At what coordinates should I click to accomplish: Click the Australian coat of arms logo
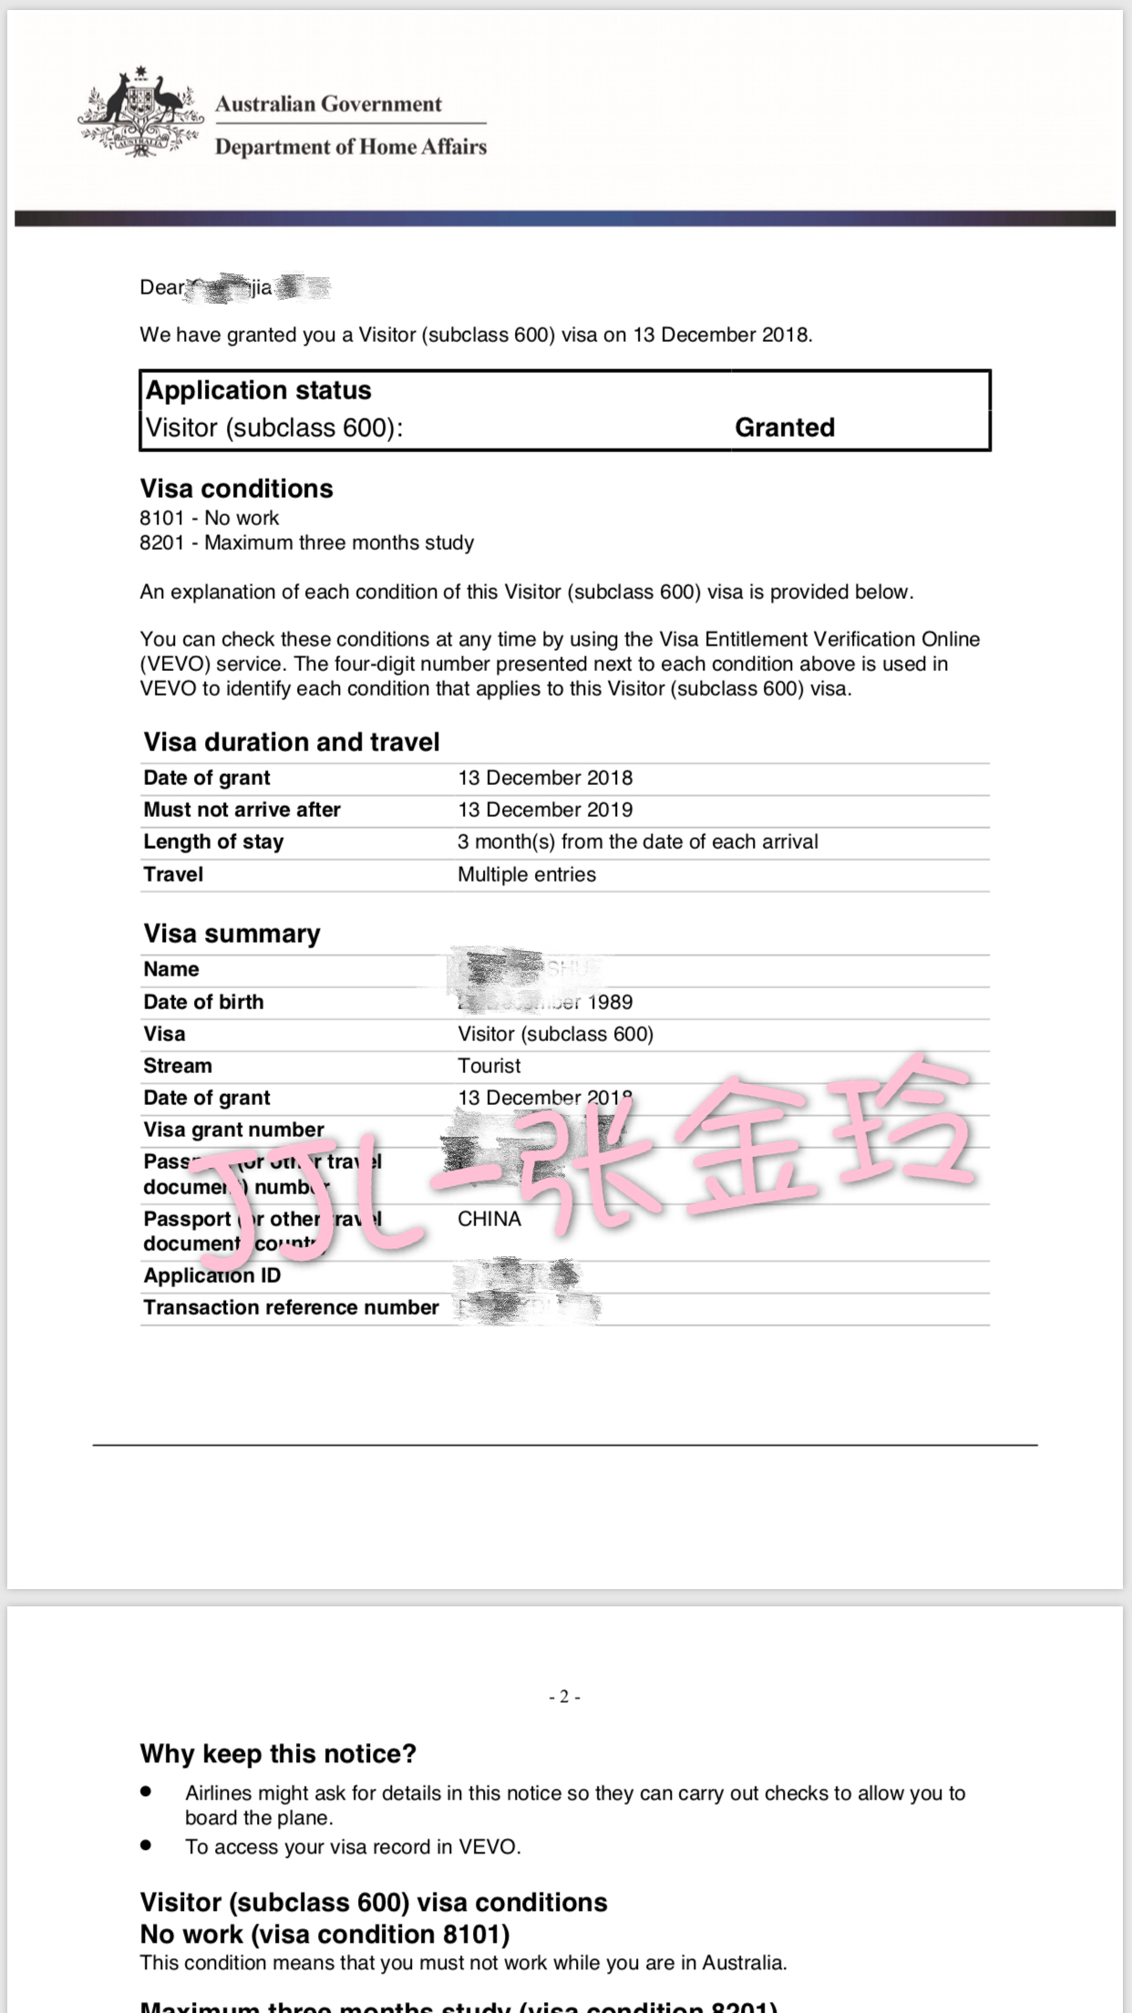pyautogui.click(x=140, y=112)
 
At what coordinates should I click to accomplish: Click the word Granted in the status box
pyautogui.click(x=785, y=428)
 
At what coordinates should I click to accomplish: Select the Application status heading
pyautogui.click(x=259, y=390)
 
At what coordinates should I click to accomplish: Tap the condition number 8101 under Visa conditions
pyautogui.click(x=162, y=518)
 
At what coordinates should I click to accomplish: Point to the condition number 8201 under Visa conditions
pyautogui.click(x=162, y=542)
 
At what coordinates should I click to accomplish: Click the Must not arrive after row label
pyautogui.click(x=242, y=810)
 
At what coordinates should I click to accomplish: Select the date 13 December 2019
pyautogui.click(x=545, y=810)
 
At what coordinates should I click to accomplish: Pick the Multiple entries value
pyautogui.click(x=527, y=874)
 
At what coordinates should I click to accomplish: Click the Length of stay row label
pyautogui.click(x=213, y=841)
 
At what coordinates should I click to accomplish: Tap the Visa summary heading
pyautogui.click(x=232, y=934)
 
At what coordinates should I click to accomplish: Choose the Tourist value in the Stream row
pyautogui.click(x=489, y=1066)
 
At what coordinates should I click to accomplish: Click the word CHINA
pyautogui.click(x=489, y=1219)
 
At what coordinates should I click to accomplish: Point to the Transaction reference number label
pyautogui.click(x=291, y=1307)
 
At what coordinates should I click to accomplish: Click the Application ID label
pyautogui.click(x=211, y=1275)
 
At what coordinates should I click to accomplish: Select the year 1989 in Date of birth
pyautogui.click(x=610, y=1002)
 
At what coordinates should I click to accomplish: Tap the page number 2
pyautogui.click(x=565, y=1697)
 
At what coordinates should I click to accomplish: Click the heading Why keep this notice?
pyautogui.click(x=278, y=1754)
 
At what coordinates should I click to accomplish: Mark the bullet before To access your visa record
pyautogui.click(x=146, y=1845)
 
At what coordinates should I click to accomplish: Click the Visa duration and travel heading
pyautogui.click(x=292, y=742)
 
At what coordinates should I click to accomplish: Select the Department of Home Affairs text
pyautogui.click(x=351, y=147)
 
